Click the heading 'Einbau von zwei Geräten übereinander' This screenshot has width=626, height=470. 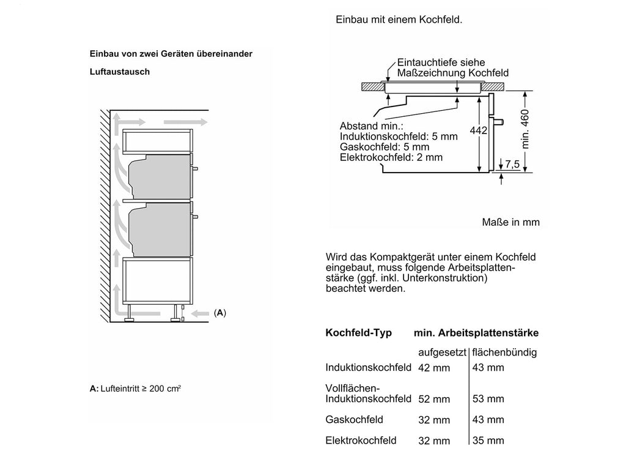coord(171,54)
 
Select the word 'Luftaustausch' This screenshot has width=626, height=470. coord(120,72)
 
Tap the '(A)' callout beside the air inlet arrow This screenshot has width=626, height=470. coord(220,313)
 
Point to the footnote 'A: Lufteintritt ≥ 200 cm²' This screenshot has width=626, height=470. coord(135,389)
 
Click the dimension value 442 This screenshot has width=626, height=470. coord(478,130)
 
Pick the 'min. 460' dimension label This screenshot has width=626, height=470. coord(525,129)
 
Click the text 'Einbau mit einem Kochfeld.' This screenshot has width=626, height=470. coord(399,20)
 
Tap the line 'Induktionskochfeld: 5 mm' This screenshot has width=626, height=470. coord(399,136)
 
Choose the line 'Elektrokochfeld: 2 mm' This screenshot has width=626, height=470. coord(391,157)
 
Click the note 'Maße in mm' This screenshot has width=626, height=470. coord(510,222)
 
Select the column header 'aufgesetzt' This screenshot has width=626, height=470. coord(442,352)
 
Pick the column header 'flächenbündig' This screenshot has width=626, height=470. coord(504,352)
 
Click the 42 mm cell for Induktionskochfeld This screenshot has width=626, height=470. coord(434,368)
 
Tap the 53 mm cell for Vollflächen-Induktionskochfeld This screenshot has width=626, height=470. coord(488,399)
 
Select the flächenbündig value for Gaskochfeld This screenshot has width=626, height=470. coord(488,420)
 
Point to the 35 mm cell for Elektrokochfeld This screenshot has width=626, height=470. coord(488,441)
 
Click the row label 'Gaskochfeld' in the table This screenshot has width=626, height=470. coord(354,420)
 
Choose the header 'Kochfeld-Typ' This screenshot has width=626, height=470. coord(358,333)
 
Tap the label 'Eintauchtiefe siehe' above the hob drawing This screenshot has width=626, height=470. coord(441,63)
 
